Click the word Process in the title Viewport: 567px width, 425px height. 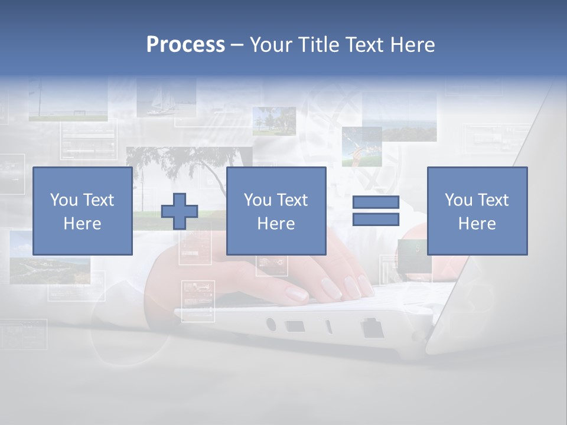tap(185, 44)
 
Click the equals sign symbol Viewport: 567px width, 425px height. tap(376, 211)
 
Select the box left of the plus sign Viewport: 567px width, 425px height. tap(82, 211)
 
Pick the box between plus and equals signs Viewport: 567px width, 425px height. tap(276, 211)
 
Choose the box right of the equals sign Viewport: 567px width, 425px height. tap(477, 211)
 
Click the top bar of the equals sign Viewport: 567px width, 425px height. tap(376, 202)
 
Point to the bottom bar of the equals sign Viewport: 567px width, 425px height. tap(376, 219)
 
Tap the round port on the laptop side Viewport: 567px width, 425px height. tap(271, 324)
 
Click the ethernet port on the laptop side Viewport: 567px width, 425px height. tap(373, 328)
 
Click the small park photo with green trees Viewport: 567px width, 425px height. tap(274, 120)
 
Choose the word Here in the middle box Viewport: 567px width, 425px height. tap(276, 224)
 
